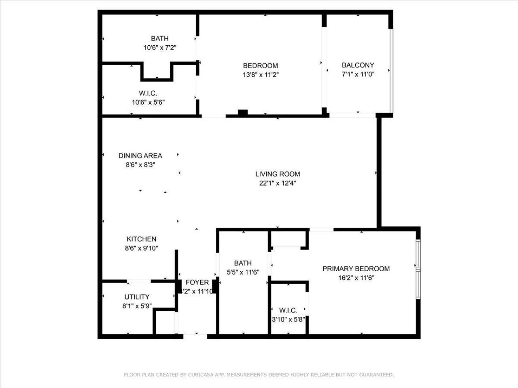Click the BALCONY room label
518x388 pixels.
(x=358, y=65)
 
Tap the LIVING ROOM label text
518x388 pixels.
(x=278, y=174)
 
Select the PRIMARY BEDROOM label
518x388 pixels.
(x=356, y=269)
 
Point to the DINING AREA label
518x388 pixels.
(x=140, y=156)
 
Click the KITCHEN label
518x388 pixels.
(x=141, y=239)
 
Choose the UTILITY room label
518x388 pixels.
(x=137, y=297)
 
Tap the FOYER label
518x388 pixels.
(x=197, y=283)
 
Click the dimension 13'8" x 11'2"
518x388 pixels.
(x=260, y=75)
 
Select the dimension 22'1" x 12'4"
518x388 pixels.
(x=278, y=183)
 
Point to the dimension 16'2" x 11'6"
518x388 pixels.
(x=356, y=278)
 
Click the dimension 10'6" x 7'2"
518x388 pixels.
(x=160, y=48)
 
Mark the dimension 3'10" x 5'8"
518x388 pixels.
(x=288, y=319)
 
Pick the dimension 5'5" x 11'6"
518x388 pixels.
(x=242, y=272)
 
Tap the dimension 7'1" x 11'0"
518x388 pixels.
(x=358, y=74)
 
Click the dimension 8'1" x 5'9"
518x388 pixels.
(x=137, y=306)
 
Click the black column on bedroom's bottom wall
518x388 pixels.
(x=242, y=113)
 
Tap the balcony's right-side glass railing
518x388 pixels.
(x=391, y=71)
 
